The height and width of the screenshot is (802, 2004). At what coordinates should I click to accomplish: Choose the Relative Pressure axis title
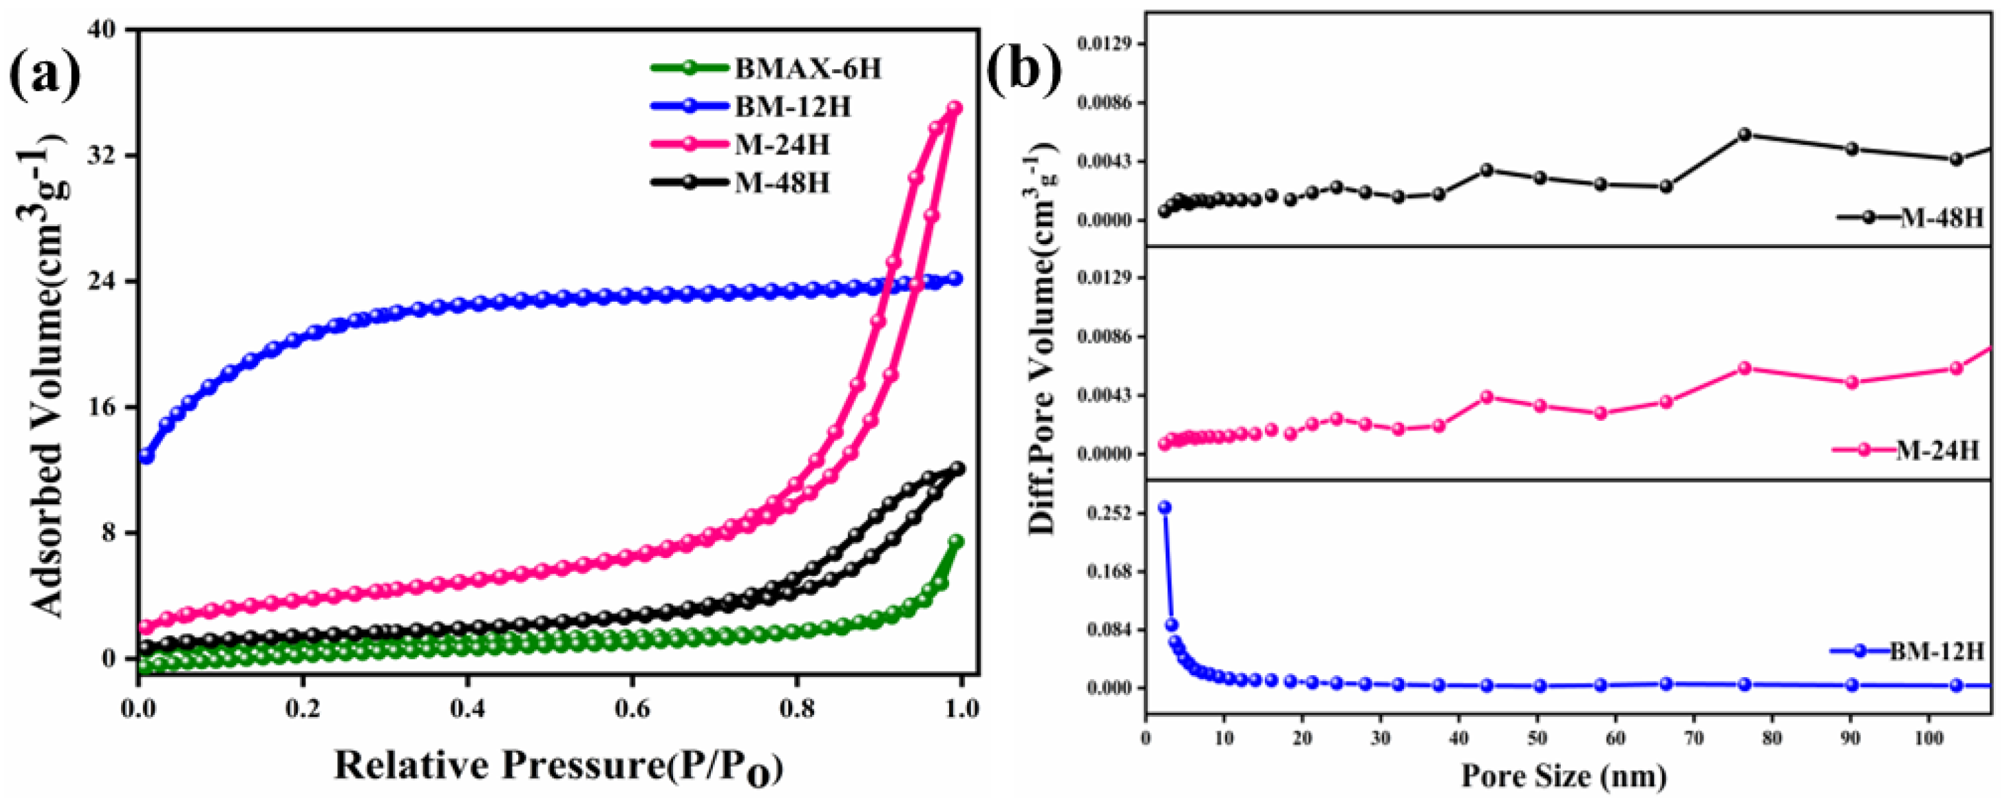[x=558, y=767]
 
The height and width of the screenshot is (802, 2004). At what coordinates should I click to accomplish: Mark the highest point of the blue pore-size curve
[x=1164, y=507]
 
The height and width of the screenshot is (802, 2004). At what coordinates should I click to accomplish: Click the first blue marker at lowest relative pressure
[x=145, y=457]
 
